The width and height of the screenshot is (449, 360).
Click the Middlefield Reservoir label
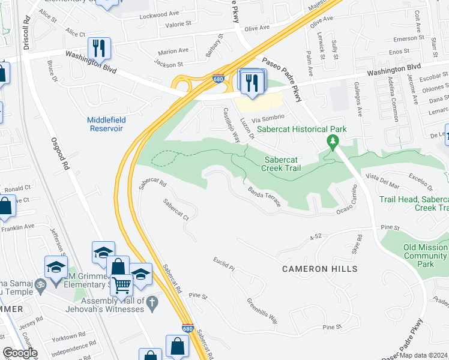[x=106, y=124]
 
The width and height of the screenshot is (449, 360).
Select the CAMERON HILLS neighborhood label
[x=320, y=269]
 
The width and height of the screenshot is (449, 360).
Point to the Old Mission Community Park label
[x=426, y=256]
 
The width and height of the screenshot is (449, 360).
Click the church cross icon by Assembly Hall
[x=152, y=305]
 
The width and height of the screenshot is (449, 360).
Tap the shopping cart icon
[x=121, y=287]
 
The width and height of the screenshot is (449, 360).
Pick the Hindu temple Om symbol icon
[x=40, y=283]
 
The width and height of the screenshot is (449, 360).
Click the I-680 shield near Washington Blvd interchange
[x=219, y=79]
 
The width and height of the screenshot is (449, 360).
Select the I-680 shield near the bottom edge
[x=187, y=329]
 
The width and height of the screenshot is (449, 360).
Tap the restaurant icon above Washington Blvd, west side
[x=98, y=48]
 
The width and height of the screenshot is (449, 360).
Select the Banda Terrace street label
[x=264, y=196]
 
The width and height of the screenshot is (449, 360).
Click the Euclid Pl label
[x=223, y=263]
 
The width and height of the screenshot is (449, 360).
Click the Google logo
[x=20, y=353]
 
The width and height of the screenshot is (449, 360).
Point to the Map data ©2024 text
[x=423, y=355]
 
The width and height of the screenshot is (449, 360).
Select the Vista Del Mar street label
[x=382, y=182]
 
